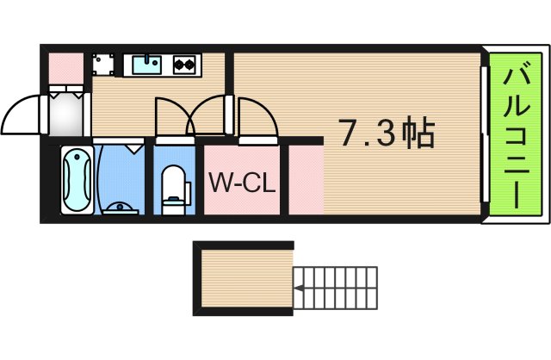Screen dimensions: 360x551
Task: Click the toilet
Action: coord(175,186)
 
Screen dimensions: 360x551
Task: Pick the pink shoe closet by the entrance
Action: coord(65,65)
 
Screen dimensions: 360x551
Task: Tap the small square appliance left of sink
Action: coord(104,65)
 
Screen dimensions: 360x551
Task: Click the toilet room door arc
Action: coord(170,116)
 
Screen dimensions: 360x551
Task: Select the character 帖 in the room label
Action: coord(418,133)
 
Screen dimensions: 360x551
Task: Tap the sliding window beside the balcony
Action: coord(485,133)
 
